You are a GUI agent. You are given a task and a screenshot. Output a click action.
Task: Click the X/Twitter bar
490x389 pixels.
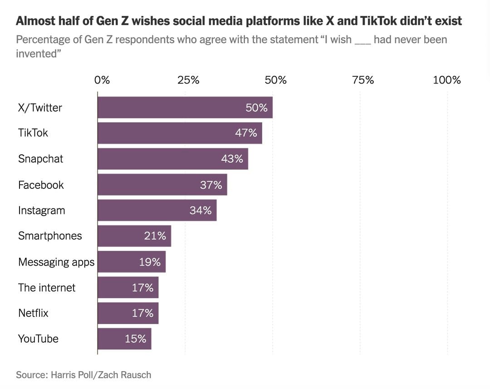(x=185, y=108)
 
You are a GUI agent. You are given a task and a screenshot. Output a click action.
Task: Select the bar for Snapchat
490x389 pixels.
(x=172, y=159)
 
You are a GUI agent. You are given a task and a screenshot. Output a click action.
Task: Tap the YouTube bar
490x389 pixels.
(x=124, y=339)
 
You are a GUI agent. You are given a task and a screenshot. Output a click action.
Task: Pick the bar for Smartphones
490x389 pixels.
(x=134, y=236)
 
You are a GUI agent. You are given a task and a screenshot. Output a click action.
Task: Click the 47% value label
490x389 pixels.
(x=246, y=133)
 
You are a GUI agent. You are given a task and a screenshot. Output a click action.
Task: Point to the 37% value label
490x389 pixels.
(x=211, y=185)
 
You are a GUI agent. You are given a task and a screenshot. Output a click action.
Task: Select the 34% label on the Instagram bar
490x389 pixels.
(x=201, y=211)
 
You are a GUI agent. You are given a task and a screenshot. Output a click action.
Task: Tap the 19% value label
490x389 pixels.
(x=150, y=262)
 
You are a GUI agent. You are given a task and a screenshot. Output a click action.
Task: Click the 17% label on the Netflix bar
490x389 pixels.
(x=142, y=313)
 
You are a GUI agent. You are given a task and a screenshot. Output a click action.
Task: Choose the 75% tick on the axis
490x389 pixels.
(x=363, y=80)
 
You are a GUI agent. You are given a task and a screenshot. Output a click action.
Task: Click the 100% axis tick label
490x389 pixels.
(x=446, y=80)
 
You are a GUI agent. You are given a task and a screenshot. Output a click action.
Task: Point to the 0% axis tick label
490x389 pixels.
(x=102, y=80)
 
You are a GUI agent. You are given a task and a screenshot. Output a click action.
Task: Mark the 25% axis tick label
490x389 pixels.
(x=188, y=80)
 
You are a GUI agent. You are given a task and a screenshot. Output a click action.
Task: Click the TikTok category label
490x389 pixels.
(x=33, y=133)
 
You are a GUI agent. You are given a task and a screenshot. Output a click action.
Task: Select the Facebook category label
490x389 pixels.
(x=41, y=185)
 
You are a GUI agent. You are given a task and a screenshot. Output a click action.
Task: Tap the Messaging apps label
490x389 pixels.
(x=56, y=262)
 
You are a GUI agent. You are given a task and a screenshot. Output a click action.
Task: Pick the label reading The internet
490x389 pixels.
(x=47, y=287)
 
